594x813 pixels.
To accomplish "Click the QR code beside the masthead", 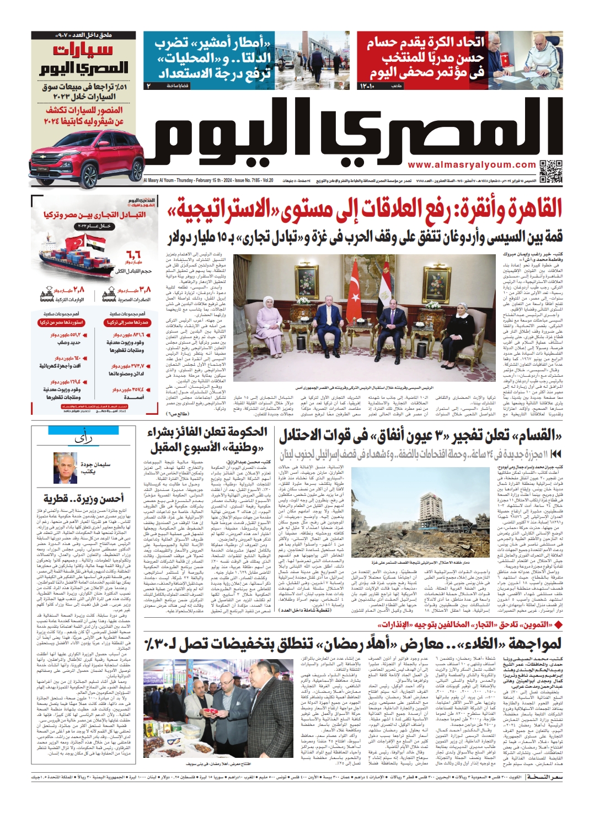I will pos(551,171).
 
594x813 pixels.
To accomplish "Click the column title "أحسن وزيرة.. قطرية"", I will pos(84,499).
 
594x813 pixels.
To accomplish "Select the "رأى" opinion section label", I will pos(84,438).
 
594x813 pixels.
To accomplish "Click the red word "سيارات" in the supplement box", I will pos(83,50).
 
